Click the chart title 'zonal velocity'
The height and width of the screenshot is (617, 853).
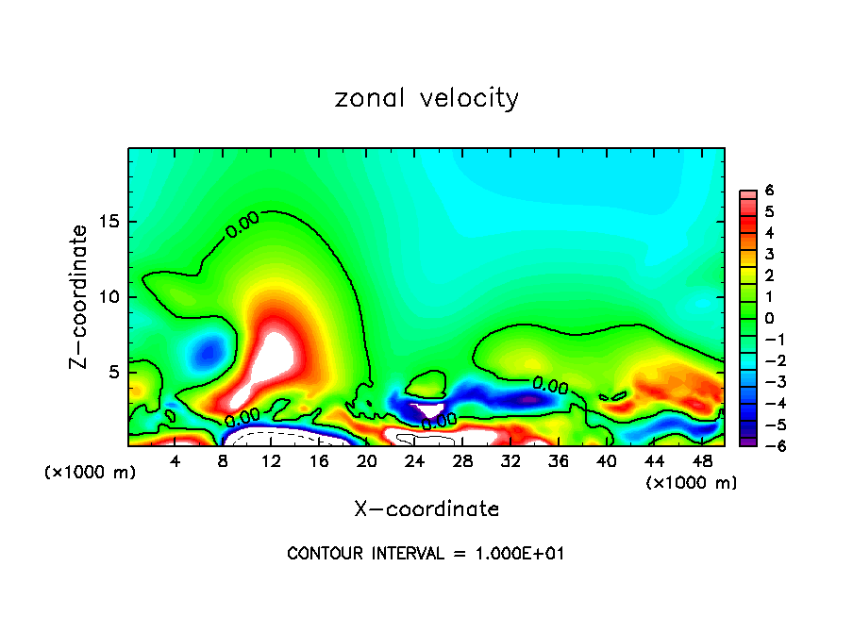[426, 98]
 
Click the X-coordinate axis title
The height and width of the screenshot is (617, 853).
[426, 509]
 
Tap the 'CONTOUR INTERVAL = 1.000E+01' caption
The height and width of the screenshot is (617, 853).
[426, 554]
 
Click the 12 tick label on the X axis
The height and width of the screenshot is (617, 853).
[271, 460]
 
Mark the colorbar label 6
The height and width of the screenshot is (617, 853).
[769, 191]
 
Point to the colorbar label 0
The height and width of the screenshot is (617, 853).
[769, 318]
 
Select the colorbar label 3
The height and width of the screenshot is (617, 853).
[769, 254]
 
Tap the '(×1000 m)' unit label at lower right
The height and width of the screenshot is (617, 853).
[692, 483]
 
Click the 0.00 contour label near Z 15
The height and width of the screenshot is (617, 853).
[242, 225]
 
